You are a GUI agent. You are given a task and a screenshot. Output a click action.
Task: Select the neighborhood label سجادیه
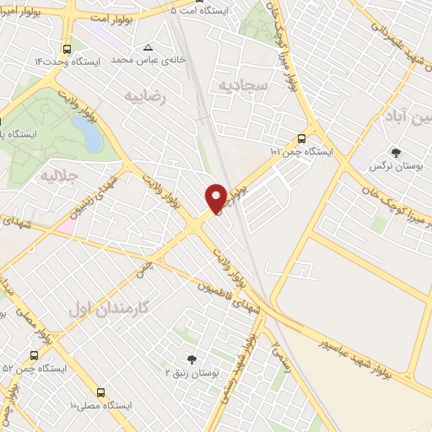pyautogui.click(x=243, y=85)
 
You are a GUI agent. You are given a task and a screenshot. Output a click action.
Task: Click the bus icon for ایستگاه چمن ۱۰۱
pyautogui.click(x=302, y=139)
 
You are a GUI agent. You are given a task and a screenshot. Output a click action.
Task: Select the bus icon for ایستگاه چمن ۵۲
pyautogui.click(x=33, y=355)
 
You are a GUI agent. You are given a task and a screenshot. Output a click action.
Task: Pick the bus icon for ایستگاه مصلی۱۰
pyautogui.click(x=101, y=392)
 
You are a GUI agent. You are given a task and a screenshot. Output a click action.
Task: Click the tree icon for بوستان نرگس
pyautogui.click(x=396, y=153)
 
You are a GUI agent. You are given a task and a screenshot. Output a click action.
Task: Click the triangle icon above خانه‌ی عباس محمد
pyautogui.click(x=148, y=47)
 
